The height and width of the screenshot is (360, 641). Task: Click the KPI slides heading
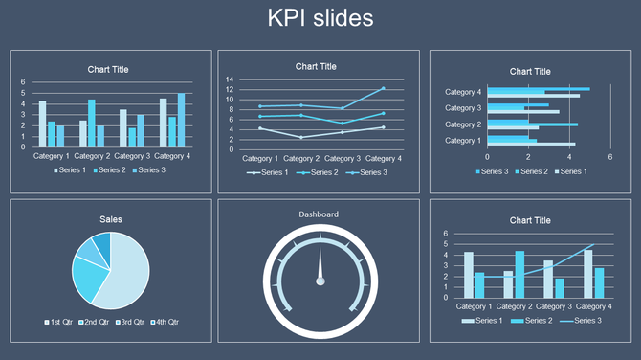click(x=320, y=18)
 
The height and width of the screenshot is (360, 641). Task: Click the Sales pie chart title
click(x=111, y=219)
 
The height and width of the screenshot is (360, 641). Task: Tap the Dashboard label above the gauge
click(x=319, y=214)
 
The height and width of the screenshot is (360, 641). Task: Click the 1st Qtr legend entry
click(x=61, y=322)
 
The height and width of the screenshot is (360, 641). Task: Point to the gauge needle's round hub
click(x=320, y=281)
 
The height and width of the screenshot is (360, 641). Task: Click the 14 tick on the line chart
click(x=230, y=79)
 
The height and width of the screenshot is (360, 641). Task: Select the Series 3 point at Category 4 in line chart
click(x=384, y=88)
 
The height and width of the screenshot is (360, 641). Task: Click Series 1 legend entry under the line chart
click(x=269, y=173)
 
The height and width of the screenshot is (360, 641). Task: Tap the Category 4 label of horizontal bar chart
click(x=463, y=92)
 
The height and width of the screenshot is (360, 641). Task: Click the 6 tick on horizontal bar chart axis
click(x=610, y=157)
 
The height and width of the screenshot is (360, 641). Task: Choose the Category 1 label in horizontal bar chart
click(x=463, y=141)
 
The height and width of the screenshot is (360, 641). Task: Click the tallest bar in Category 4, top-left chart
click(x=181, y=120)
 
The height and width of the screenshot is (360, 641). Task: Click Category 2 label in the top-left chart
click(x=92, y=155)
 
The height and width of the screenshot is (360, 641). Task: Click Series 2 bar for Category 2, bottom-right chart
click(x=519, y=274)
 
